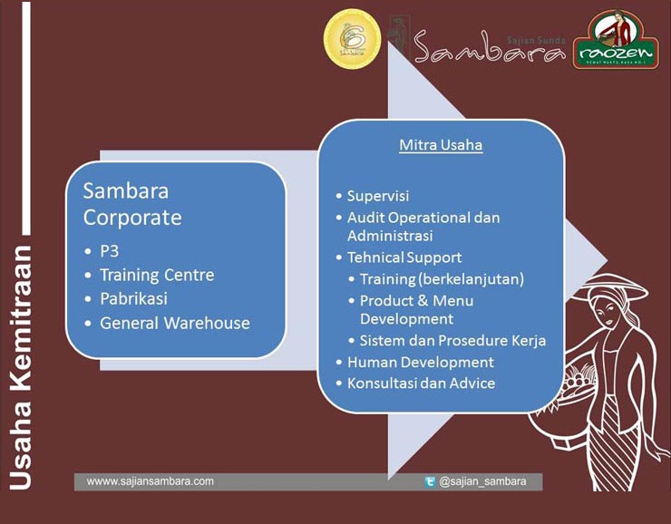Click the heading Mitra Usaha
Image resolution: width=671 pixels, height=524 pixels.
441,145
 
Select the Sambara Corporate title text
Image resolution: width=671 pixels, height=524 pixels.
132,205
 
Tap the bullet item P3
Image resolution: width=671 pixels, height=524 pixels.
110,250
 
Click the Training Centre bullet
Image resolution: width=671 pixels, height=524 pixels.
157,275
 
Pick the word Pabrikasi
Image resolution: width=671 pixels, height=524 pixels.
133,298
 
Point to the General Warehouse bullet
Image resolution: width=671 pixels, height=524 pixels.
174,323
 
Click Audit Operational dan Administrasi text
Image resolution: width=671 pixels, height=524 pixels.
423,227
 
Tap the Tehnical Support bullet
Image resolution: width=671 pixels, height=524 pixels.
404,257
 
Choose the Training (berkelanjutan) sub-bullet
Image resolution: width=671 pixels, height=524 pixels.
442,278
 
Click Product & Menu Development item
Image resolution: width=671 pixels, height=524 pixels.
416,309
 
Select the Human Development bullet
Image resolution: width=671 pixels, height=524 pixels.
420,362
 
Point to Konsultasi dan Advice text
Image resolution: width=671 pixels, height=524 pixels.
421,383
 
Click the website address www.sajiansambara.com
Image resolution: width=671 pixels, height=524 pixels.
151,481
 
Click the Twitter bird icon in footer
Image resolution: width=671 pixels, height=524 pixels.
430,482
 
